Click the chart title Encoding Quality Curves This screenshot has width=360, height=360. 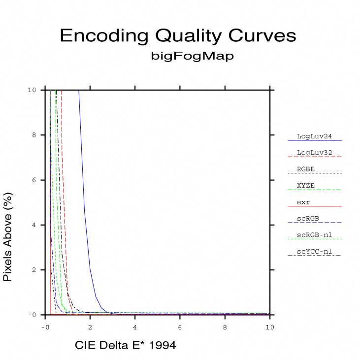point(178,36)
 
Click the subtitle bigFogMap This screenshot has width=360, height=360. point(192,56)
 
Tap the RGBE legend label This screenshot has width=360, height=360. point(306,168)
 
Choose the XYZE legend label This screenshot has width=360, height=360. point(306,185)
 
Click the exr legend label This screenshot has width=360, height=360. point(303,202)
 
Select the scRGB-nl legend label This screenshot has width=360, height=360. point(313,235)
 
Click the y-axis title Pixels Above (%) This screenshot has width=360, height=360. point(8,237)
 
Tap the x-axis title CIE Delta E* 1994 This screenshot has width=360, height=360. point(125,345)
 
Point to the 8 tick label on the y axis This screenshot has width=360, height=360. point(34,135)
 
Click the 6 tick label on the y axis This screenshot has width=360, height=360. point(34,180)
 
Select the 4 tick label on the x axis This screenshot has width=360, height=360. point(135,327)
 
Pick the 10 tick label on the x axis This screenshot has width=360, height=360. point(270,327)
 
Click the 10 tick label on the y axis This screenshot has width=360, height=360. point(32,90)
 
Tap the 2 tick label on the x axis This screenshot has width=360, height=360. point(90,327)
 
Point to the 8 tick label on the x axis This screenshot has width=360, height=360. point(225,327)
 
